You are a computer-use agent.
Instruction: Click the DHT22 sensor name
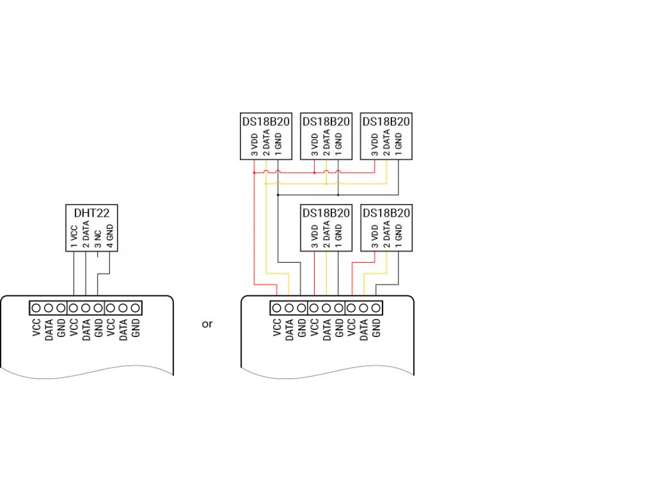(91, 214)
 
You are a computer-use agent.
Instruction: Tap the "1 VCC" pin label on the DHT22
(74, 236)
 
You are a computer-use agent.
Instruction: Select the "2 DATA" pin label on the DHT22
(86, 235)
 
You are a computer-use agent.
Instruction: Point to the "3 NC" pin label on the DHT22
(98, 238)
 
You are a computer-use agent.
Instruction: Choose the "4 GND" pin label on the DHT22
(110, 236)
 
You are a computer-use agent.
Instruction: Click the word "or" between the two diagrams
(207, 324)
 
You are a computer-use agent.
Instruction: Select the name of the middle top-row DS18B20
(326, 121)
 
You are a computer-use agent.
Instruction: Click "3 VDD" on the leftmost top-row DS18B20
(255, 145)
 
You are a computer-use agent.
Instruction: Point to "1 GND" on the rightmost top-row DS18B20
(399, 145)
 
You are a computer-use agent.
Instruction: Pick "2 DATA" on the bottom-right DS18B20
(386, 235)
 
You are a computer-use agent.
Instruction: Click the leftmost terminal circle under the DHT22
(36, 308)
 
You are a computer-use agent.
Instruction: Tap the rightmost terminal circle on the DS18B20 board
(376, 308)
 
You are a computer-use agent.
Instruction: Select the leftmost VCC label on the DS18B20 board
(276, 327)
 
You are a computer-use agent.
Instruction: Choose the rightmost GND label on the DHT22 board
(136, 327)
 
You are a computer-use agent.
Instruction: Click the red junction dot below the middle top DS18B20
(315, 172)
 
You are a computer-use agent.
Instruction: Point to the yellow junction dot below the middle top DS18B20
(326, 183)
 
